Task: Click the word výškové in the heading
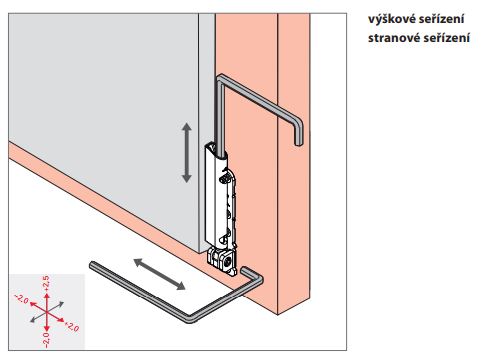391,19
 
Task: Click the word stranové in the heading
394,38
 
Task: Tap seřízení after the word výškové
441,19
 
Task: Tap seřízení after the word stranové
447,38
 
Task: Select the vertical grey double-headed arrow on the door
186,153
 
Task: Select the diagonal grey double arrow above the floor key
159,274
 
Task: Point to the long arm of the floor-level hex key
140,293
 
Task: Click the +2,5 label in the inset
46,283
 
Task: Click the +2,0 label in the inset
72,327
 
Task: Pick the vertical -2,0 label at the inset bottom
46,339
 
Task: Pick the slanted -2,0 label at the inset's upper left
21,299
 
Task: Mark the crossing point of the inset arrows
47,311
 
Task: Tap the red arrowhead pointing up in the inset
47,295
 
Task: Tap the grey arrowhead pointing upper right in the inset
60,304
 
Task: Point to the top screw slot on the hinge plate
225,180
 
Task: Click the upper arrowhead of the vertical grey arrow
186,127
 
